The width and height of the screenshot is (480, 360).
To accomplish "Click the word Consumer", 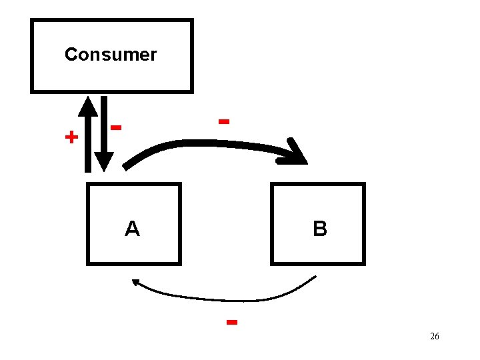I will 111,55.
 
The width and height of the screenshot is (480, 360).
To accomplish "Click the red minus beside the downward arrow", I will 117,126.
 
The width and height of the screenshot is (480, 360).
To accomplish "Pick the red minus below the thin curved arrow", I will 232,322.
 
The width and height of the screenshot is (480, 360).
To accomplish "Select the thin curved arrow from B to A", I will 227,295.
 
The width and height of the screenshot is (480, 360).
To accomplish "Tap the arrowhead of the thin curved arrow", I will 136,283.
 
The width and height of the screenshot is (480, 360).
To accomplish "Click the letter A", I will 133,229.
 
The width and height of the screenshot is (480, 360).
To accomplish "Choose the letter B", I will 320,229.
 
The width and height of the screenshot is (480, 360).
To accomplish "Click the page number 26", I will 435,336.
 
